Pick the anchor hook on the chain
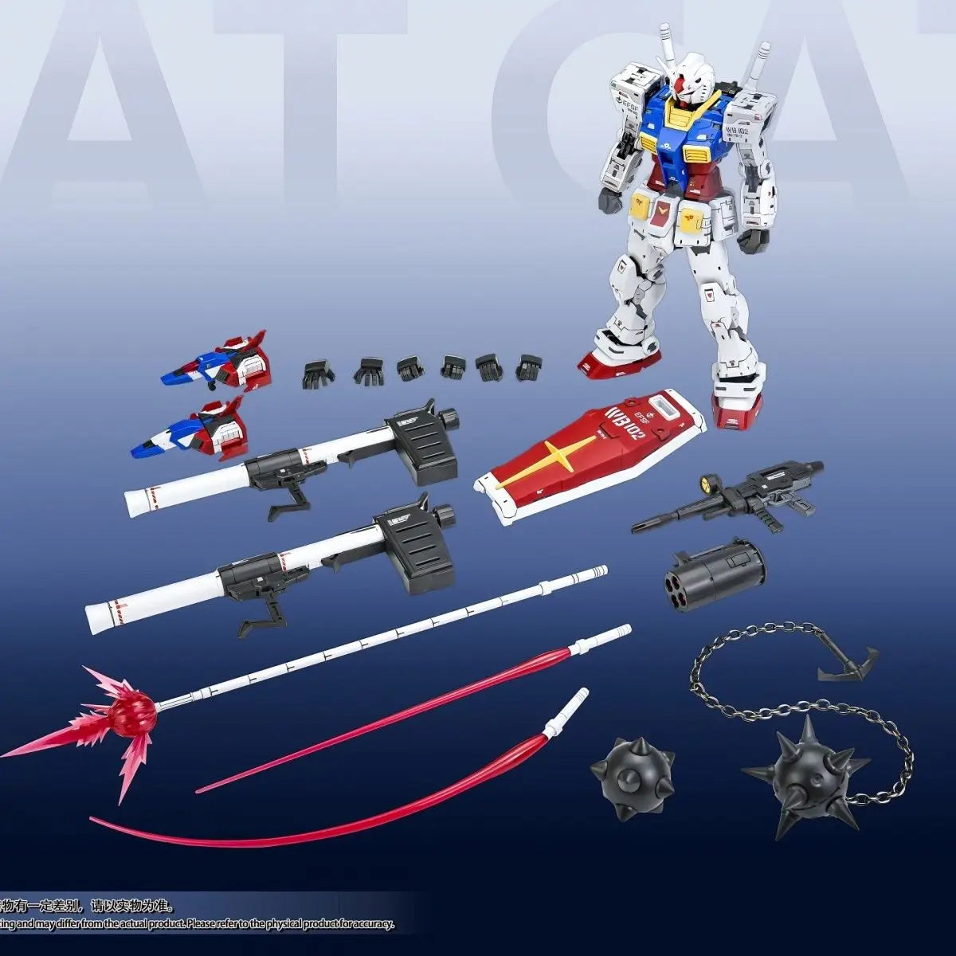pyautogui.click(x=848, y=662)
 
